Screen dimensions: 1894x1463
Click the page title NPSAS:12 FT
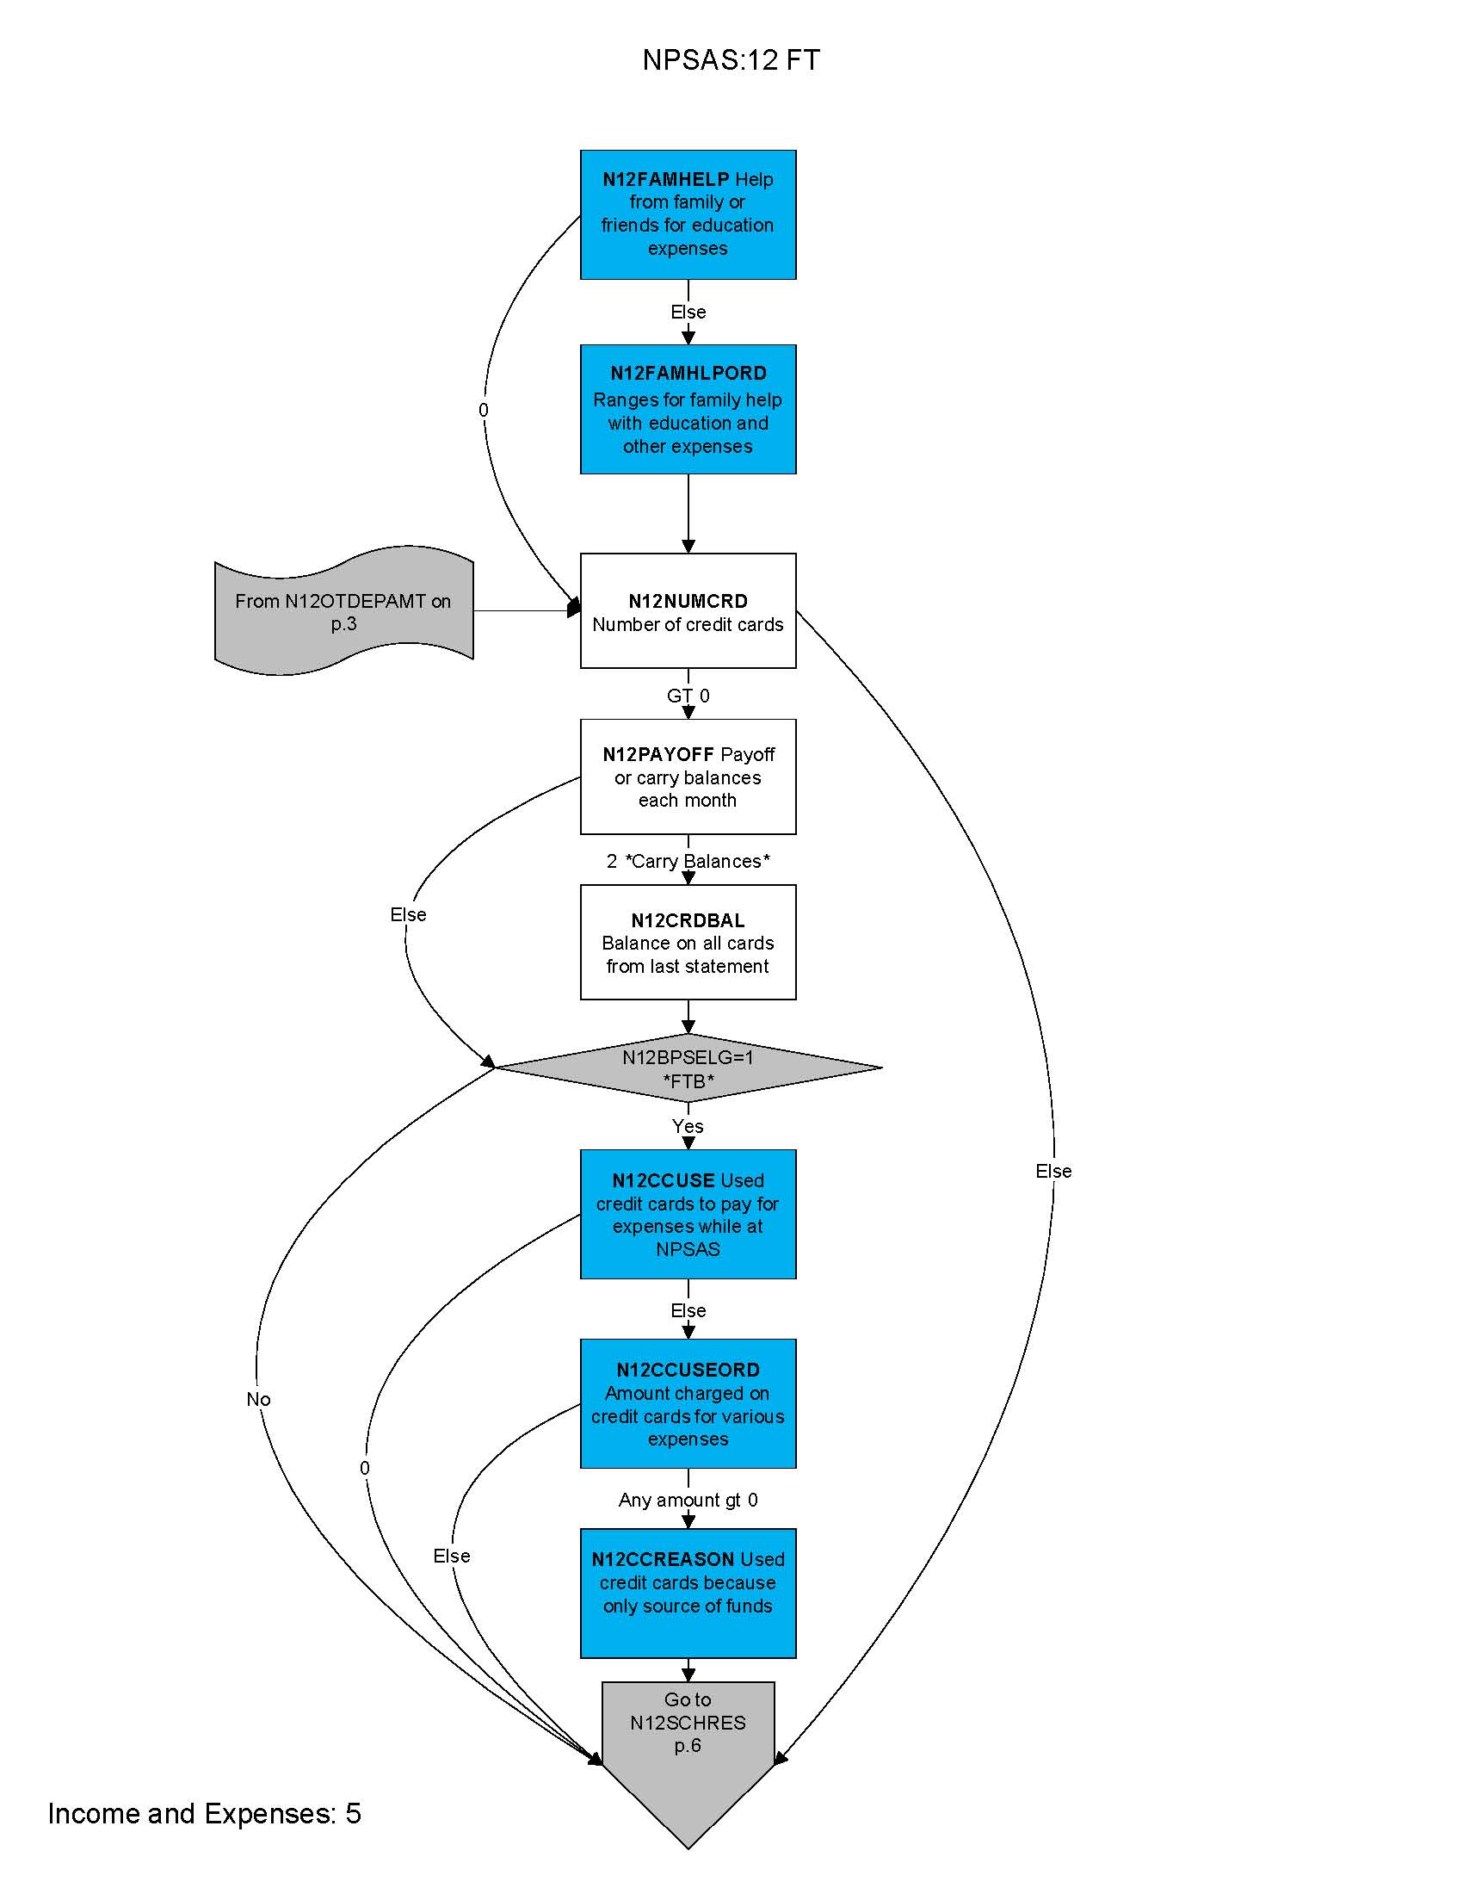pyautogui.click(x=731, y=60)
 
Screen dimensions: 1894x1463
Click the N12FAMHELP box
pyautogui.click(x=688, y=214)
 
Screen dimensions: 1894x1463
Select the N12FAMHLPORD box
pyautogui.click(x=688, y=409)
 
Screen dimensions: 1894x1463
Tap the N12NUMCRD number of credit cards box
pyautogui.click(x=688, y=611)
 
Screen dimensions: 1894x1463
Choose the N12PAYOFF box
pyautogui.click(x=688, y=777)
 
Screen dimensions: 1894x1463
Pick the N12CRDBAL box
pyautogui.click(x=688, y=942)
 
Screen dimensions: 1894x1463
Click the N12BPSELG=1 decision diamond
pyautogui.click(x=688, y=1068)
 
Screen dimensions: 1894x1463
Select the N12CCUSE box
pyautogui.click(x=688, y=1214)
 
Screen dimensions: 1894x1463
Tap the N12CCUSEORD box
pyautogui.click(x=688, y=1403)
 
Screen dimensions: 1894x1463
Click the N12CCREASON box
pyautogui.click(x=688, y=1592)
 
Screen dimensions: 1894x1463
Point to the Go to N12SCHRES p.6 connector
pyautogui.click(x=688, y=1743)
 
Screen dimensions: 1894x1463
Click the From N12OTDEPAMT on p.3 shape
pyautogui.click(x=343, y=611)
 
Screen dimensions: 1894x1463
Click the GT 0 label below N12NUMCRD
pyautogui.click(x=688, y=696)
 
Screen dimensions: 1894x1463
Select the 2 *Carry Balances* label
pyautogui.click(x=688, y=861)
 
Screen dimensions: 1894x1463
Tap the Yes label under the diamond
pyautogui.click(x=688, y=1127)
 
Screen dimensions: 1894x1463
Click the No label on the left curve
pyautogui.click(x=258, y=1400)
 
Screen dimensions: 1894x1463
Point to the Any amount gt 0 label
pyautogui.click(x=688, y=1501)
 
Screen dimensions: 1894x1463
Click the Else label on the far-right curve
pyautogui.click(x=1053, y=1172)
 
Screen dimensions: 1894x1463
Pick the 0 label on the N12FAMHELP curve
pyautogui.click(x=483, y=410)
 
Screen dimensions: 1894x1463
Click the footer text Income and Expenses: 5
pyautogui.click(x=205, y=1814)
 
